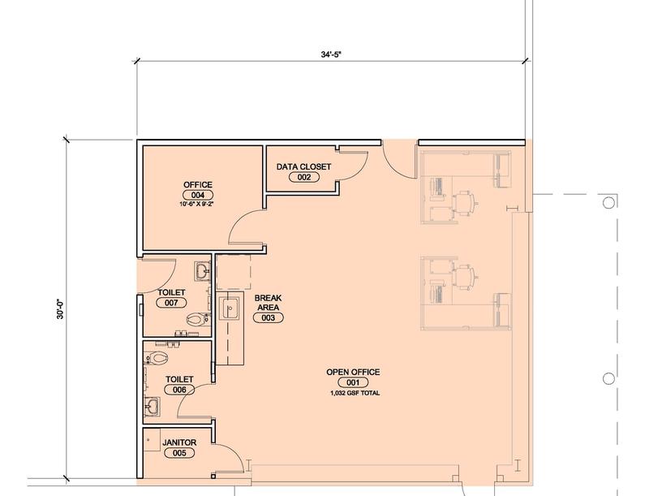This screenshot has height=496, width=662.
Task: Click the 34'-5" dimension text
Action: [330, 54]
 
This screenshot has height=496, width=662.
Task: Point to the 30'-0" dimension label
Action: [60, 308]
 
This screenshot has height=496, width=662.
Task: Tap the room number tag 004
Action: [198, 195]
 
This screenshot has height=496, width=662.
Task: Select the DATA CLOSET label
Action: [303, 167]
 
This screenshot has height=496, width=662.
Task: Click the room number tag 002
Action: [304, 178]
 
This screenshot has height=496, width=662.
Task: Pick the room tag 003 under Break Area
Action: [268, 317]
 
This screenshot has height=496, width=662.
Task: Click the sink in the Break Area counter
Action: [230, 308]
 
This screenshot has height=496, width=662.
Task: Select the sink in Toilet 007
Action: [202, 270]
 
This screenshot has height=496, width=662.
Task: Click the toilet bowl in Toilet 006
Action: [157, 358]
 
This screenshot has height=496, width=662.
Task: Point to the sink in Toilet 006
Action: [152, 407]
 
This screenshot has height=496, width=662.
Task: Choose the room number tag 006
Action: [179, 390]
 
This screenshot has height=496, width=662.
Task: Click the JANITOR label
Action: [179, 442]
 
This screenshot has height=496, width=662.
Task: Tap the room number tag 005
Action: [179, 453]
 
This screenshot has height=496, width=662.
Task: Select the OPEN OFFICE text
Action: [353, 373]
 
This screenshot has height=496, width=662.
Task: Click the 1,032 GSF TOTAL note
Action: [355, 393]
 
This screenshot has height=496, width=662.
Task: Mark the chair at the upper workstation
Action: [465, 203]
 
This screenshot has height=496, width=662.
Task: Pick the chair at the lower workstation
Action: [465, 277]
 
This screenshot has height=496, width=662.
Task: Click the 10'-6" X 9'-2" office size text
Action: [198, 204]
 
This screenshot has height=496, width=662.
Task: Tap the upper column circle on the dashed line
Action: [608, 203]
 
